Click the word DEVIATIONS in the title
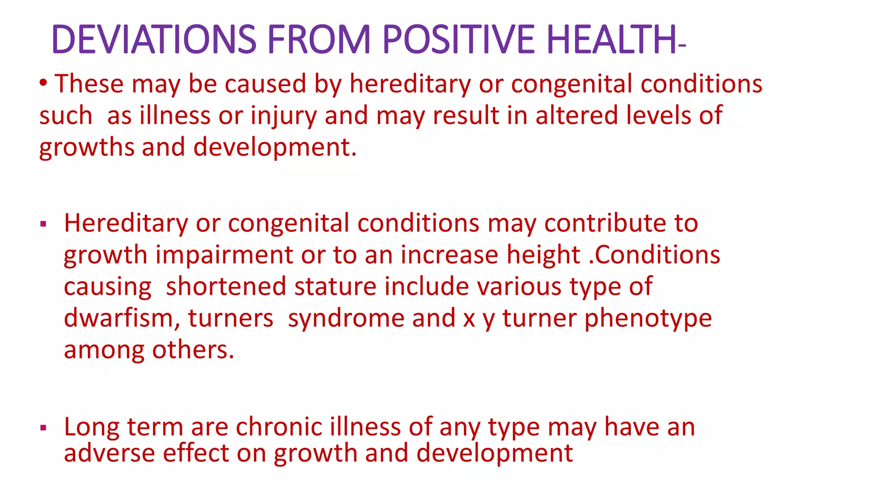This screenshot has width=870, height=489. pyautogui.click(x=154, y=39)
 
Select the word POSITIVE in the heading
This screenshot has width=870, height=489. pyautogui.click(x=458, y=39)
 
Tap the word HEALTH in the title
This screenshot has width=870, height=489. pyautogui.click(x=611, y=39)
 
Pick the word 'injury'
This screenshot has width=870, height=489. pyautogui.click(x=283, y=116)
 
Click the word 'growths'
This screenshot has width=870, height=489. pyautogui.click(x=86, y=148)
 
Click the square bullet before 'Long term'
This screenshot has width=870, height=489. pyautogui.click(x=43, y=427)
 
